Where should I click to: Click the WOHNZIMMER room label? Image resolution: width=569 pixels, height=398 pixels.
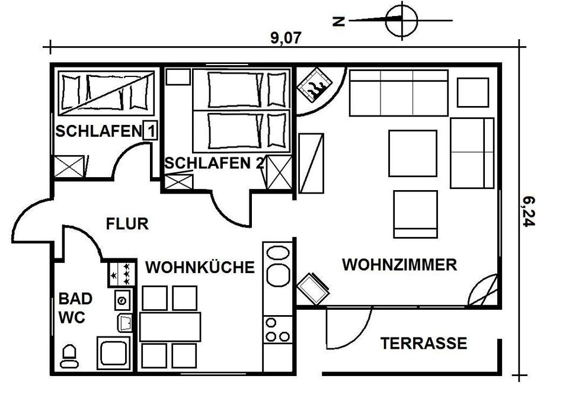coord(399,265)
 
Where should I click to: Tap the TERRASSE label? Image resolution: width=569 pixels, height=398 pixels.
coord(423,344)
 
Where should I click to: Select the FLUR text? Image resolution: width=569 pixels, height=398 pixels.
coord(127,224)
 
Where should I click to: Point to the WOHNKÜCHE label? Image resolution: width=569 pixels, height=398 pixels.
coord(200,267)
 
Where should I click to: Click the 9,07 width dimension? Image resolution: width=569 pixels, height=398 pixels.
coord(286,38)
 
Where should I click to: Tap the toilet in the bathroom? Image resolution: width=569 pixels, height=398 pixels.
coord(69,356)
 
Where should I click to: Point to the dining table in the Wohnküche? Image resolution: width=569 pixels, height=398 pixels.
coord(170,326)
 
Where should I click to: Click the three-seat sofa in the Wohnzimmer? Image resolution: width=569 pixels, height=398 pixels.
coord(398,92)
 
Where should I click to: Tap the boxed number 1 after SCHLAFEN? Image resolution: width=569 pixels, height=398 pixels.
coord(150,131)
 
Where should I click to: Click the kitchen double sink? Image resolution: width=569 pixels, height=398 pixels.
coord(277,264)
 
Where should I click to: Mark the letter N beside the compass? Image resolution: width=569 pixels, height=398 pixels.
coord(338,21)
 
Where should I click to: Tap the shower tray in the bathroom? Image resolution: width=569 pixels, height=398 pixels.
coord(114,354)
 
